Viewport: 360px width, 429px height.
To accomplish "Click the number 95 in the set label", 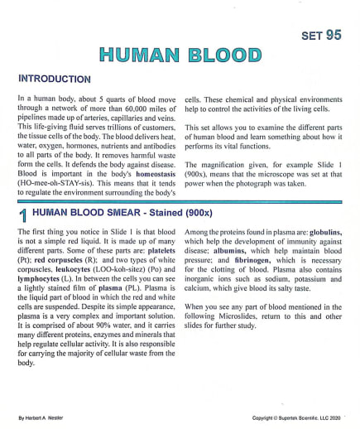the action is click(332, 35).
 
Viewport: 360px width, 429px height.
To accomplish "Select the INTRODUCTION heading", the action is click(54, 80).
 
